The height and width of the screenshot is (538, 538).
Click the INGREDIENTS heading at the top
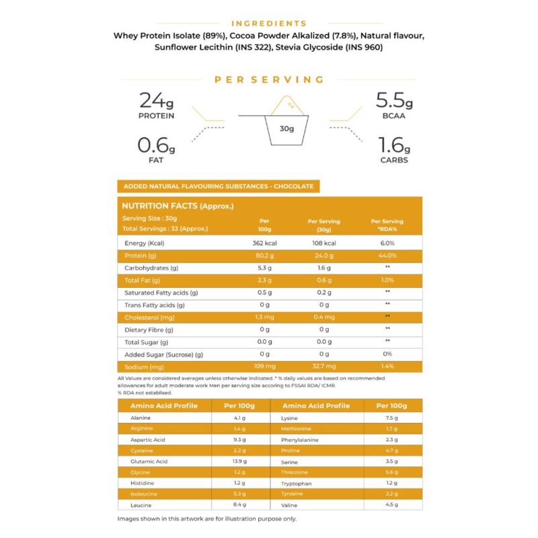pyautogui.click(x=268, y=24)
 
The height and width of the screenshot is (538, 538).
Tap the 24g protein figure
pyautogui.click(x=156, y=102)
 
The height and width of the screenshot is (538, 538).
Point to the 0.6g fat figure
pyautogui.click(x=156, y=146)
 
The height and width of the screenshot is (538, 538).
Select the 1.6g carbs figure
pyautogui.click(x=393, y=146)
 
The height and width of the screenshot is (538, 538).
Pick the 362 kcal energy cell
pyautogui.click(x=264, y=243)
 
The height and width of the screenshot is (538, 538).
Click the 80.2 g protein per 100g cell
pyautogui.click(x=264, y=256)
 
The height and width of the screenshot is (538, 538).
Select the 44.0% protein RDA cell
pyautogui.click(x=387, y=256)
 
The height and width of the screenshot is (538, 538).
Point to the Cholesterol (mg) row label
pyautogui.click(x=150, y=317)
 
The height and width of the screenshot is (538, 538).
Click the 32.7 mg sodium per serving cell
pyautogui.click(x=324, y=367)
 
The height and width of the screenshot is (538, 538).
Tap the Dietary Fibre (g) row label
pyautogui.click(x=149, y=330)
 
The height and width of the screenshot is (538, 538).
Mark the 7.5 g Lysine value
pyautogui.click(x=393, y=418)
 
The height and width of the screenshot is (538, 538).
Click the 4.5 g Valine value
pyautogui.click(x=393, y=504)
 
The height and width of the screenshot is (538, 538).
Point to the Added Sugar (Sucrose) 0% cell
pyautogui.click(x=387, y=354)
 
